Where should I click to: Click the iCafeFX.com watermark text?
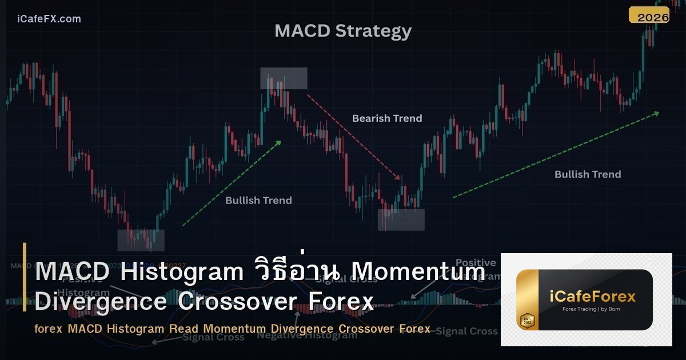(49, 19)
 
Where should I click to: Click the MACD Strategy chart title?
(342, 30)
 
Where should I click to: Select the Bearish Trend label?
(386, 118)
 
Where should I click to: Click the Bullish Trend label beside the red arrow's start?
(258, 200)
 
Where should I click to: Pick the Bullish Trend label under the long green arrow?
(587, 174)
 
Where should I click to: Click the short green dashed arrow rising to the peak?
(232, 183)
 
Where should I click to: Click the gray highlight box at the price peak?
(284, 78)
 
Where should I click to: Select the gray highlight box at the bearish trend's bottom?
(401, 219)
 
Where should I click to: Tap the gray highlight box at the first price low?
(141, 240)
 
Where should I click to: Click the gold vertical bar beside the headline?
(25, 277)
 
